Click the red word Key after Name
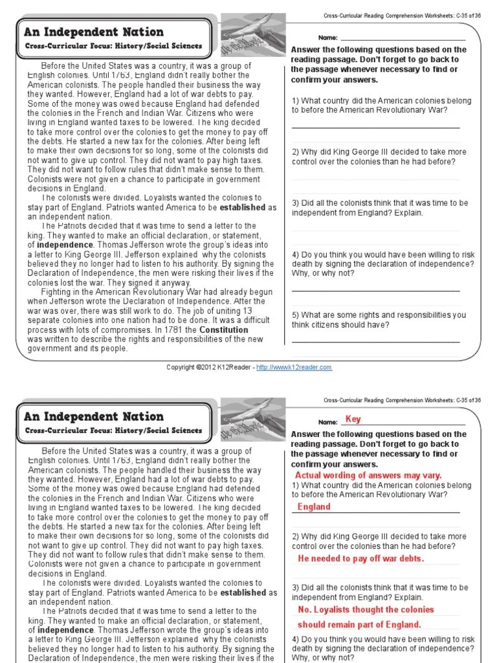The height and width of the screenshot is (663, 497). [353, 419]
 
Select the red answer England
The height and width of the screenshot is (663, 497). [314, 507]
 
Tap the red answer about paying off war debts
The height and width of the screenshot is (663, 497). [360, 559]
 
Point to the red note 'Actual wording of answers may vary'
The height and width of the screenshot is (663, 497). [368, 475]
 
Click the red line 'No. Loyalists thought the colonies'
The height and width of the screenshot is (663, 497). [366, 609]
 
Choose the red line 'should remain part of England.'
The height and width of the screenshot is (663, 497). [359, 625]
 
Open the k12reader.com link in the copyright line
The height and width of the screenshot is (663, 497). [294, 367]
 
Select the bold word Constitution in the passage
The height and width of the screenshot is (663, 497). [224, 330]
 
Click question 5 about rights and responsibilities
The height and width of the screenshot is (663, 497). [379, 320]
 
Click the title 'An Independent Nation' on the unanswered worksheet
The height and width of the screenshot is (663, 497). [94, 32]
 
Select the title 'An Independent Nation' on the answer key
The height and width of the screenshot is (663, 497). [94, 416]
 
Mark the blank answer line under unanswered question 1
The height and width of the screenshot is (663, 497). [376, 128]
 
